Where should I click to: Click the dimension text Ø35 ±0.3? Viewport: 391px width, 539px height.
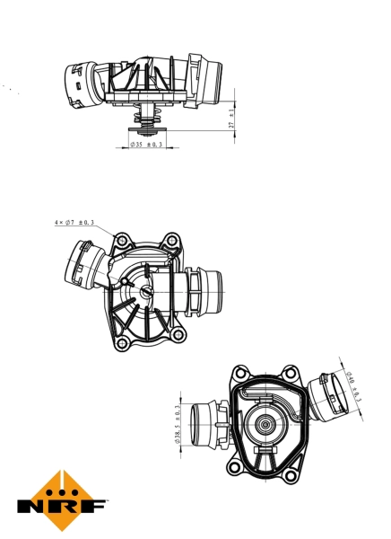click(x=146, y=144)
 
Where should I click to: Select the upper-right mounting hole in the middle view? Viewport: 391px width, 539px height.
click(x=169, y=239)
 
